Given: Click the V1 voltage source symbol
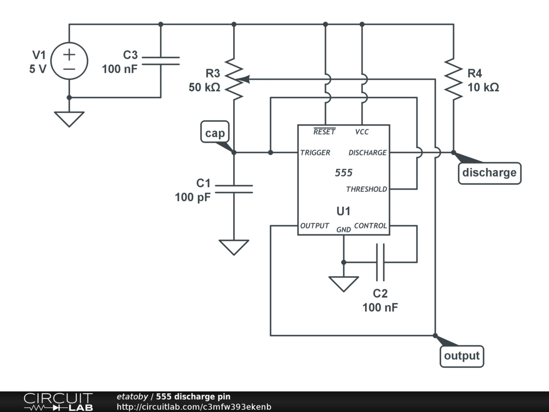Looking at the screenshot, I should (x=69, y=61).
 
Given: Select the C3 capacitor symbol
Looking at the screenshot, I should (x=161, y=61).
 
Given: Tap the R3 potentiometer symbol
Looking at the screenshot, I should (x=234, y=79).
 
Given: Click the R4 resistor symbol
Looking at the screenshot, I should (x=454, y=79).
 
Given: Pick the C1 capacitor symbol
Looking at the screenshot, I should (x=234, y=188).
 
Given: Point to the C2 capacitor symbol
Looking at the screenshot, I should (x=380, y=262).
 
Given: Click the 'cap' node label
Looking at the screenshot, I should (x=214, y=133).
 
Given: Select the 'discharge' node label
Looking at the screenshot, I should (x=489, y=173).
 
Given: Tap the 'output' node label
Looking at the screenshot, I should (x=462, y=356).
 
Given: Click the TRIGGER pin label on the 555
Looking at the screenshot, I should (x=315, y=153).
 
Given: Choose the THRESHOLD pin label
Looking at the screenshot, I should (x=366, y=189).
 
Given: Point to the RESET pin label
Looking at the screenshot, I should (x=324, y=132).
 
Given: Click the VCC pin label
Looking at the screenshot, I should (x=362, y=132).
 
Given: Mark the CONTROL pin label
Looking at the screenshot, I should (x=370, y=226).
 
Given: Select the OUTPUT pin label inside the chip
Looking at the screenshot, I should (x=315, y=226).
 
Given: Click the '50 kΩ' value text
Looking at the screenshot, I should (x=204, y=87).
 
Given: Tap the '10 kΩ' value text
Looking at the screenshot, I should (x=483, y=87).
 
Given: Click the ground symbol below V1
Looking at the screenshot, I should (x=69, y=118).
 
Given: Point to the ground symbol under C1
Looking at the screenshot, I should (x=234, y=247).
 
